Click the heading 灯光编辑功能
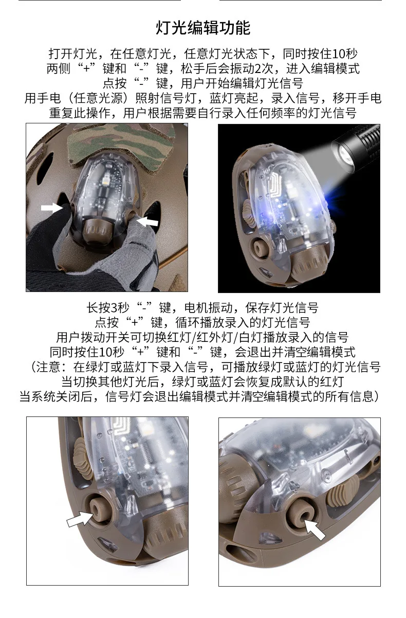pyautogui.click(x=203, y=28)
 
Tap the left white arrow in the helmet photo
pyautogui.click(x=51, y=208)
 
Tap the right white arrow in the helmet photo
pyautogui.click(x=147, y=221)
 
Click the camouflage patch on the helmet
pyautogui.click(x=121, y=143)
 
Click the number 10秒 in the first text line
pyautogui.click(x=345, y=53)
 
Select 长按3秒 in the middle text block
pyautogui.click(x=108, y=307)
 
